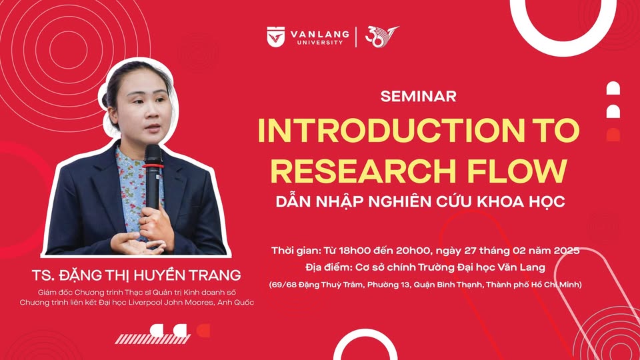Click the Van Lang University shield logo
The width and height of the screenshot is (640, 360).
click(x=276, y=37)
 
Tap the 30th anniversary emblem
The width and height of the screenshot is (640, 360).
click(x=381, y=37)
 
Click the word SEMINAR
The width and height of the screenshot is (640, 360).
click(x=419, y=96)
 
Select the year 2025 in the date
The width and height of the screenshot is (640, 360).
click(x=567, y=250)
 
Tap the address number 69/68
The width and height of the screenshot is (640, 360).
click(x=283, y=285)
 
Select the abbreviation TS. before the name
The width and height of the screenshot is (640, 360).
click(x=43, y=275)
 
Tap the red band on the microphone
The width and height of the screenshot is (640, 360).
click(x=153, y=166)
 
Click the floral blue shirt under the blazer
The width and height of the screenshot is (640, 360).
click(x=131, y=192)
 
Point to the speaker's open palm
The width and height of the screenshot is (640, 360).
click(x=135, y=244)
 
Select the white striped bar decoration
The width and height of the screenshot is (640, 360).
click(x=152, y=339)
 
